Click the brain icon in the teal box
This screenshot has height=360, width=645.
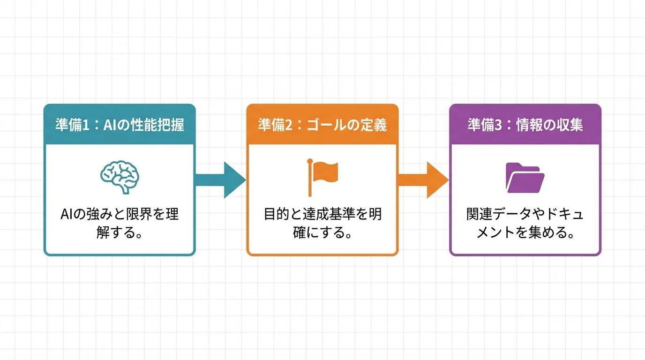point(120,178)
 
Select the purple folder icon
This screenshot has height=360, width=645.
point(525,178)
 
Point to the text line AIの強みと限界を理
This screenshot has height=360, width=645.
point(120,215)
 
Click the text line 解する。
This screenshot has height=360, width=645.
point(120,232)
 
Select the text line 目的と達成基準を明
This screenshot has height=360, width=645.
point(322,215)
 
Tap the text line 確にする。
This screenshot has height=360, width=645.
point(322,232)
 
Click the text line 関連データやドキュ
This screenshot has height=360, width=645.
point(525,215)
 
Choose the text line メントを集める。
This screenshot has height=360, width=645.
point(525,232)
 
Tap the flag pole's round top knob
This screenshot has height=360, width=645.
point(310,162)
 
